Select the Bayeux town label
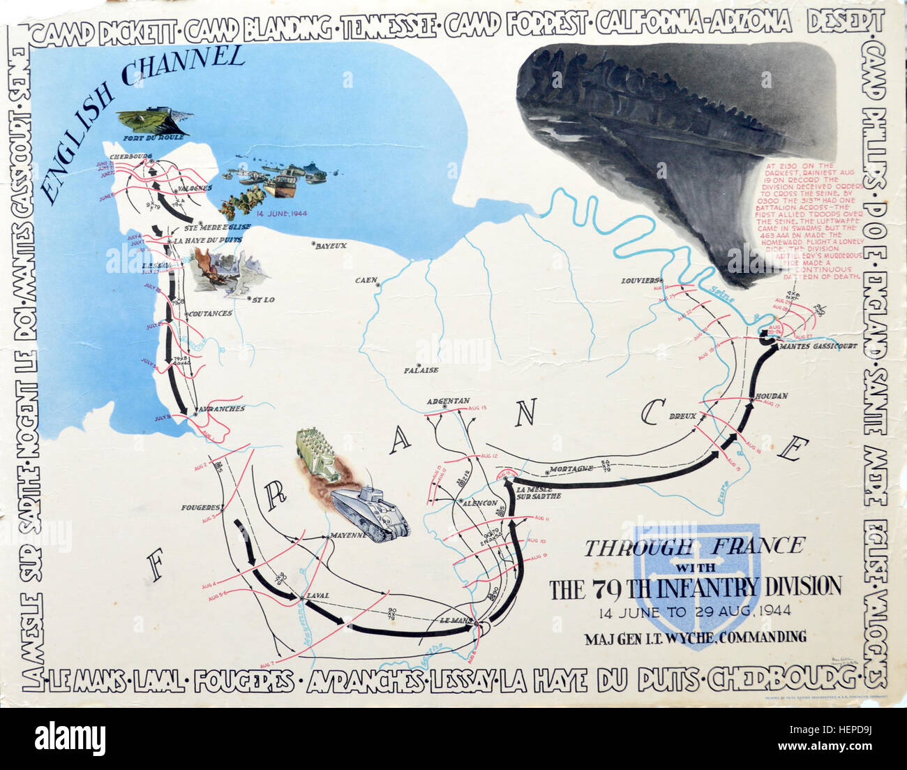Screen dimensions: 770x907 coord(330,246)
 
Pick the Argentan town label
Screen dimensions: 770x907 coord(447,401)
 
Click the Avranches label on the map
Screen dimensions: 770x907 coord(222,408)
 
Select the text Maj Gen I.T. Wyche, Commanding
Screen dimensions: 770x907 coord(695,637)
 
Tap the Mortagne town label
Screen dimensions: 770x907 coord(571,468)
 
